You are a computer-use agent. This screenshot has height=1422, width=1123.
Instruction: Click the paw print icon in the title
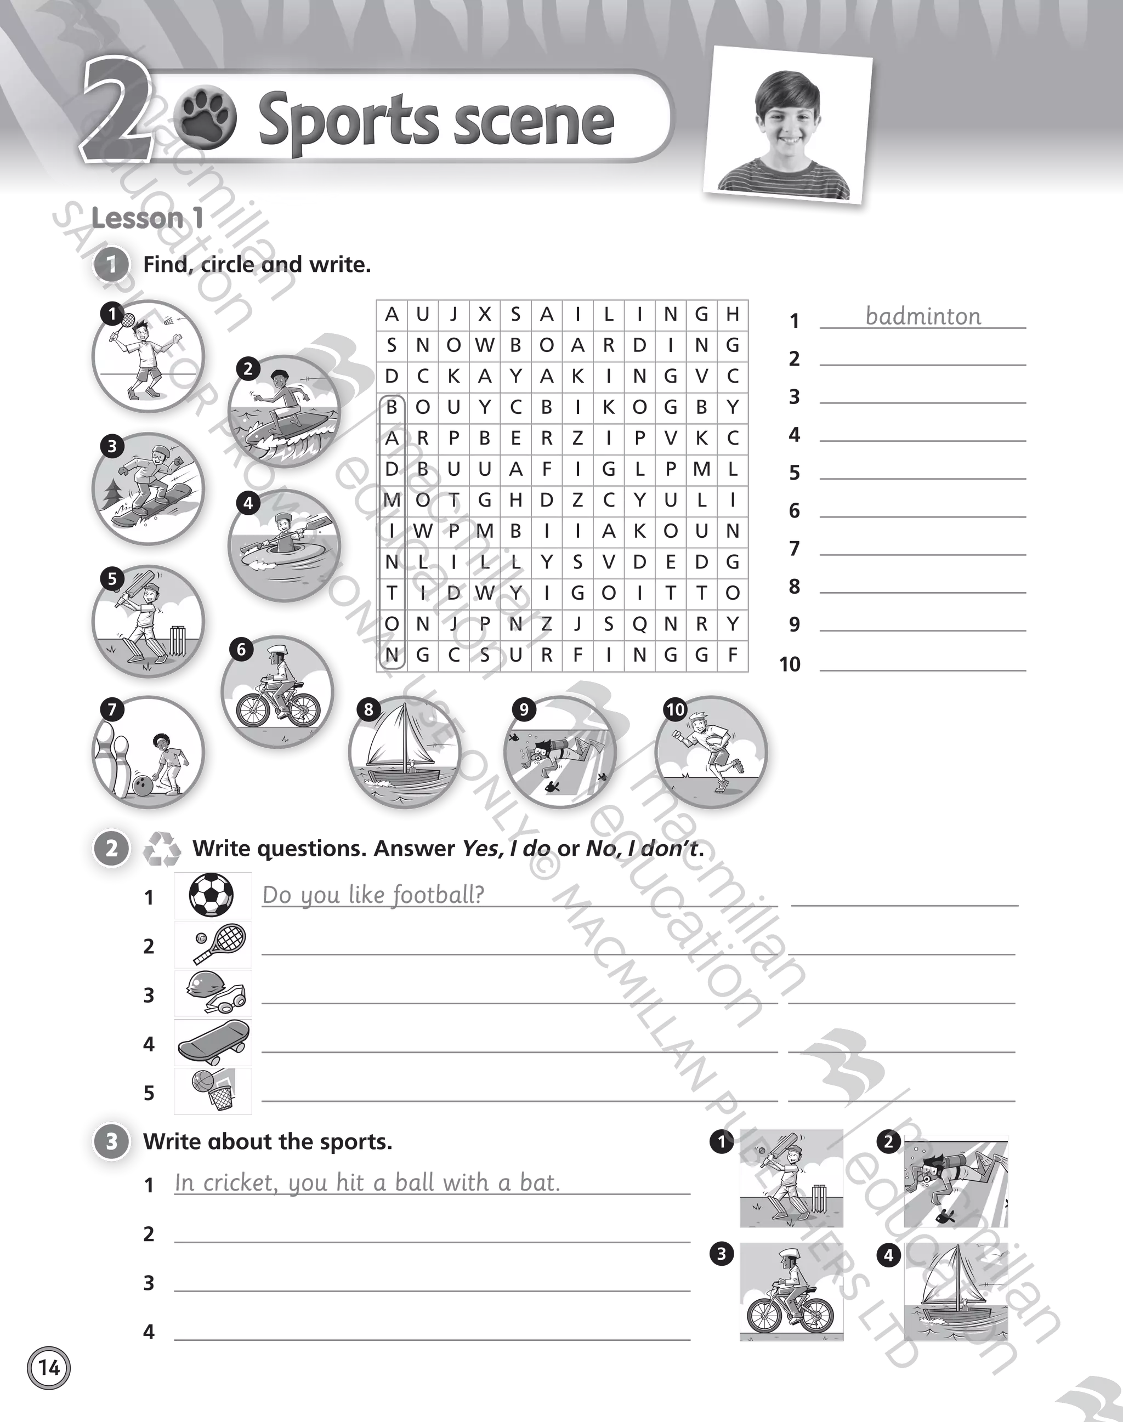pyautogui.click(x=207, y=120)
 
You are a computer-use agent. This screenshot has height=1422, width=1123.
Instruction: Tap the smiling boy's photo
pyautogui.click(x=787, y=125)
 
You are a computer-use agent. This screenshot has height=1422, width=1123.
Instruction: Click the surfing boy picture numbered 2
pyautogui.click(x=285, y=412)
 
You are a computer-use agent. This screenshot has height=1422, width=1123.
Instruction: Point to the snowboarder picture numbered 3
pyautogui.click(x=148, y=487)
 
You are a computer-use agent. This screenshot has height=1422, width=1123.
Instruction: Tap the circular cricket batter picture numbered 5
pyautogui.click(x=148, y=621)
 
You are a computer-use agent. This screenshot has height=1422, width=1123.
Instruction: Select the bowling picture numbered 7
pyautogui.click(x=148, y=752)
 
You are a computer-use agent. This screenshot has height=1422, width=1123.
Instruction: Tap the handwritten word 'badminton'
pyautogui.click(x=923, y=317)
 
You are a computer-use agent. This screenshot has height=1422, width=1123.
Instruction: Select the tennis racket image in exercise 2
pyautogui.click(x=212, y=945)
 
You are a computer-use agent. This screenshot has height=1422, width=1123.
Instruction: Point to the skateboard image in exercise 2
pyautogui.click(x=212, y=1043)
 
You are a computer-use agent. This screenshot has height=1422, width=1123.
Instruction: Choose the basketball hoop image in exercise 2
pyautogui.click(x=212, y=1091)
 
